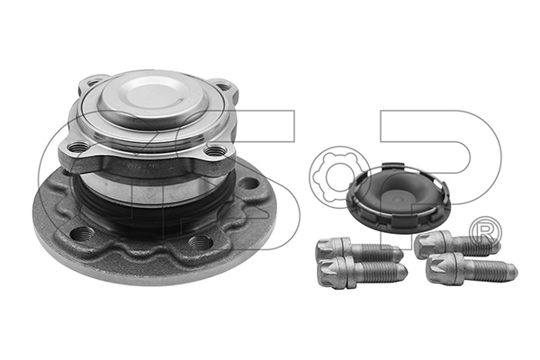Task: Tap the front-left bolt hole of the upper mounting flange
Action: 79,147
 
